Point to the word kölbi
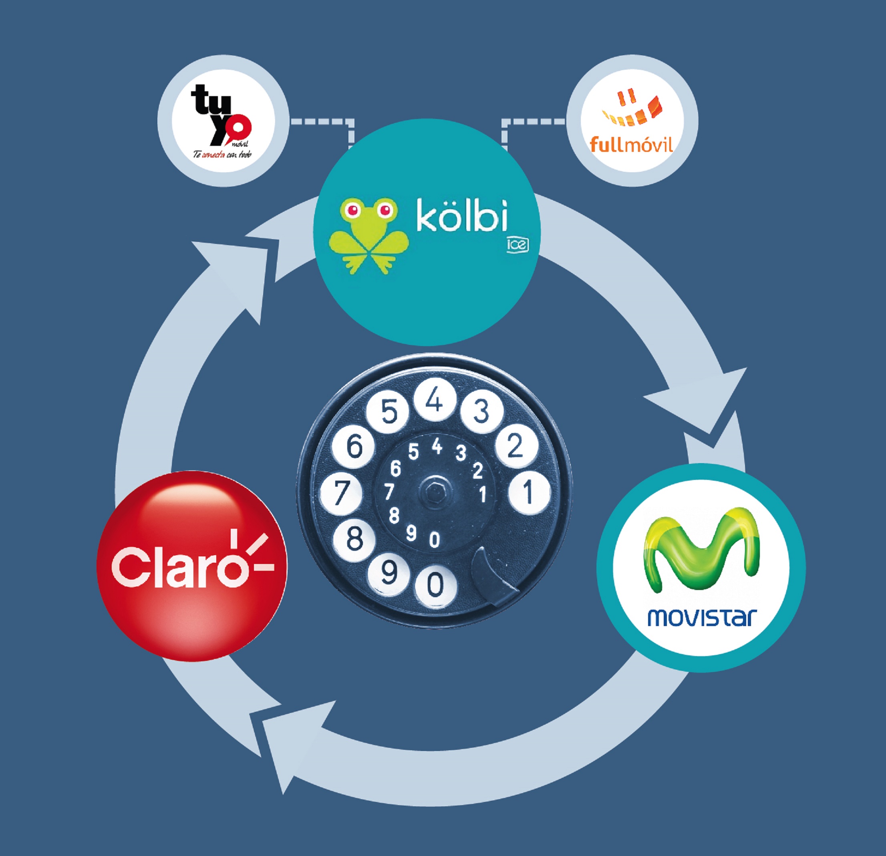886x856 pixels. (461, 218)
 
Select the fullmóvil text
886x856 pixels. (632, 145)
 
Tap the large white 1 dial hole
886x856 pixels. (528, 492)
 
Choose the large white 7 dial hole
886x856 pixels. (341, 492)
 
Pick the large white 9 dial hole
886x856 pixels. (389, 573)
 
